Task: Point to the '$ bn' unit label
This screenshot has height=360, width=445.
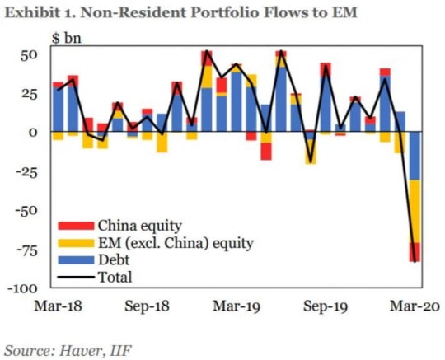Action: click(67, 38)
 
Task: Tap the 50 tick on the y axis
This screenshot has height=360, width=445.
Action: click(29, 55)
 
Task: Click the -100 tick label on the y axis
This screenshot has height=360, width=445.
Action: click(22, 288)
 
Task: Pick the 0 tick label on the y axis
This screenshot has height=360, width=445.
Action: click(33, 133)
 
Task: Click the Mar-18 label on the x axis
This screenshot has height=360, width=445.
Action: click(59, 306)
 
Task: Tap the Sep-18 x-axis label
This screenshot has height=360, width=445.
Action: click(148, 306)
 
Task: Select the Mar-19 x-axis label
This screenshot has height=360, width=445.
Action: click(237, 306)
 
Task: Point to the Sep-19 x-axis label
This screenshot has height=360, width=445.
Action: click(326, 306)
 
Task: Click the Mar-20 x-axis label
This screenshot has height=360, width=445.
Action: click(415, 306)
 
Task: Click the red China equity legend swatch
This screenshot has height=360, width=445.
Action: click(76, 226)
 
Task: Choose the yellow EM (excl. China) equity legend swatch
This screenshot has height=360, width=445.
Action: click(76, 243)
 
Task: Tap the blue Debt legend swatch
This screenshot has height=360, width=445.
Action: click(76, 260)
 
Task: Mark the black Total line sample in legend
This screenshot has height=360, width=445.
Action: click(76, 277)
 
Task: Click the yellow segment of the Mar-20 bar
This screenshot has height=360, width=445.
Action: click(415, 212)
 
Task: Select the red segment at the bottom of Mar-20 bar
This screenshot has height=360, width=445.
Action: click(415, 252)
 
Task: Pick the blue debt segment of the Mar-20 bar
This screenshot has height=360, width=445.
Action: click(415, 156)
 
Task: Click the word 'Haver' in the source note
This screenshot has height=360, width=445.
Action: click(80, 351)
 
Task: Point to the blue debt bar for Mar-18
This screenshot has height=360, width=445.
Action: click(59, 110)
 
